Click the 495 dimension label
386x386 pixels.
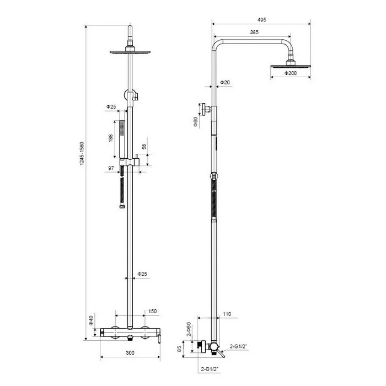[262, 20]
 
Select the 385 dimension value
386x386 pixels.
[254, 32]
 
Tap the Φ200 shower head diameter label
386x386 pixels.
[291, 73]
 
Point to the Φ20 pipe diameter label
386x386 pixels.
[225, 82]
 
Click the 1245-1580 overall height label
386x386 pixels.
[82, 153]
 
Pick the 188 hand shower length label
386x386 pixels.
[110, 138]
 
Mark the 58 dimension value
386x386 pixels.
[144, 146]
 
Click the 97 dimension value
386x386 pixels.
[111, 168]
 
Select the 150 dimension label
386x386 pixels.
[152, 312]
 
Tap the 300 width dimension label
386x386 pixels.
[130, 353]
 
